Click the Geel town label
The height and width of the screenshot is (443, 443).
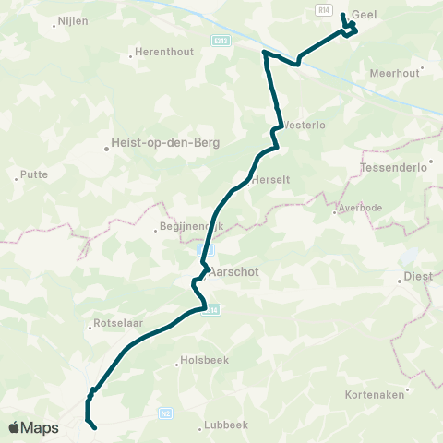point(366,16)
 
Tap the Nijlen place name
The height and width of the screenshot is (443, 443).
point(72,19)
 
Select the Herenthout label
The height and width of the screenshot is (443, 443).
point(164,52)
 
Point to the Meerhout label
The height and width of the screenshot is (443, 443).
point(394,73)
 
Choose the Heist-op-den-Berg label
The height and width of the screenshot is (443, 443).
point(152,142)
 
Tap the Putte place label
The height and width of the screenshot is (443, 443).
point(35,174)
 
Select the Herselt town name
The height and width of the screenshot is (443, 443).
point(271,179)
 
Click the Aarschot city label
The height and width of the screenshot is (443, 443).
point(234,273)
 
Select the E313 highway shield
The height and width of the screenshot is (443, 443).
point(220,41)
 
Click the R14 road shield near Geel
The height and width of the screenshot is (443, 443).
point(322,9)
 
